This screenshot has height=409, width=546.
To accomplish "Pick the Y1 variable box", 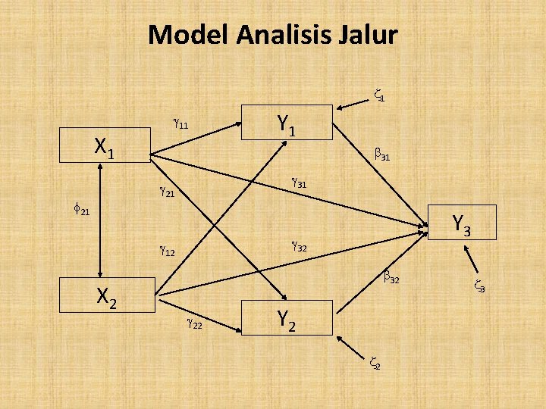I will [287, 123].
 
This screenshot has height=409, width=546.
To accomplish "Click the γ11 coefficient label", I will [181, 123].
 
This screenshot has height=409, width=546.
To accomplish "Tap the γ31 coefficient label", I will [299, 183].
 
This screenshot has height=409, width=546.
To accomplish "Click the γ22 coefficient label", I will [194, 324].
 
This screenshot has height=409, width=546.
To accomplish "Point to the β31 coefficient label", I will [382, 157].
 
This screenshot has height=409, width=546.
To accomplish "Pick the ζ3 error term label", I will [479, 287].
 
